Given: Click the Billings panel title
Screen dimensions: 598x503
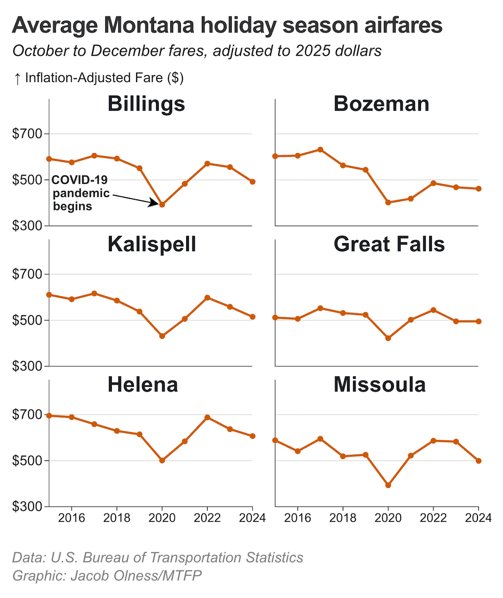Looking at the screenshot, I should coord(146,104).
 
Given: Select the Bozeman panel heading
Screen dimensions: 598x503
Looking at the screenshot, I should coord(381,104).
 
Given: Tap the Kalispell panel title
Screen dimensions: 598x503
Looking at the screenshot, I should coord(152,244).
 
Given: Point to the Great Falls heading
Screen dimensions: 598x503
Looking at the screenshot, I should coord(389,244).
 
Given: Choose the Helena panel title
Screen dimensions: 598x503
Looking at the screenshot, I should coord(143,385).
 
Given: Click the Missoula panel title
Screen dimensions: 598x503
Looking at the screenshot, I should coord(379,385).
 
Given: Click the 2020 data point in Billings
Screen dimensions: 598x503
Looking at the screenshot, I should coord(162,205).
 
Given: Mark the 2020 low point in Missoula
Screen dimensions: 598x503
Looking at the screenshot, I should coord(388,486).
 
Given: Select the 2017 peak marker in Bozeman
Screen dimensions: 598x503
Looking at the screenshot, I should coord(320,149).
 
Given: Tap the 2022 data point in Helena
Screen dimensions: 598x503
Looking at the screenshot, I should coord(207,418).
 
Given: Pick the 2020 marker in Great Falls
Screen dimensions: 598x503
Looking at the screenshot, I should coord(388,338).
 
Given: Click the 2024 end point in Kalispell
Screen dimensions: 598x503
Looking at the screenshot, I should coord(253,317).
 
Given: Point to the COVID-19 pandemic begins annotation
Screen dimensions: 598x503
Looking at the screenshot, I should coord(80,193).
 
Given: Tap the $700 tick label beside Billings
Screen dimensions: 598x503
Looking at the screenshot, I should coord(27,134).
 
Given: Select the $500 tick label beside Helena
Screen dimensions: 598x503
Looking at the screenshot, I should coord(27,461).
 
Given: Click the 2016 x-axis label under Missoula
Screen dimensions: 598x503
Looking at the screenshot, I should coord(298,518).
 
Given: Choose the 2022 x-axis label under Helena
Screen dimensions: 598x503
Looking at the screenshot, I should coord(207,518).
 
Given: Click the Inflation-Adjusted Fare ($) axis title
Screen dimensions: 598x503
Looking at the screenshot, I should coord(104,78).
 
